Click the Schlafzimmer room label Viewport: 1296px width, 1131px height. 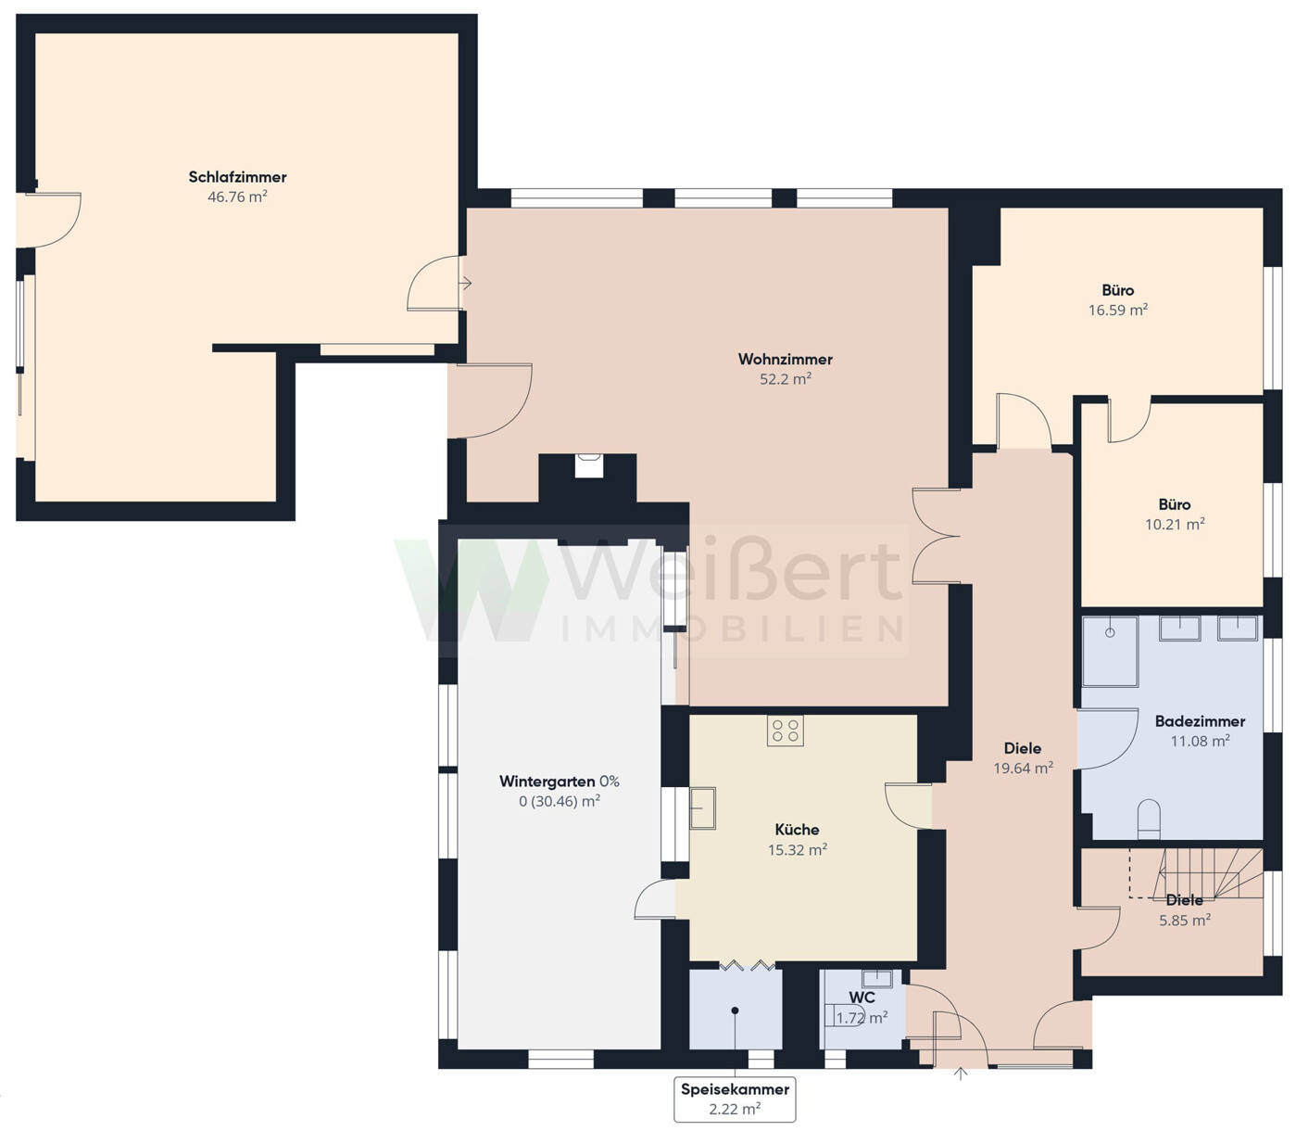coord(237,177)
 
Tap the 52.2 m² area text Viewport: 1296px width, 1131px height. coord(786,379)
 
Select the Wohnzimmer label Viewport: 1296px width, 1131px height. coord(786,360)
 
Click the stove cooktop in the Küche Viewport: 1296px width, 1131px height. coord(786,731)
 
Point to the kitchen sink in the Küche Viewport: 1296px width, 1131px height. coord(702,807)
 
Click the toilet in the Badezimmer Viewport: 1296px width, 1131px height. coord(1149,819)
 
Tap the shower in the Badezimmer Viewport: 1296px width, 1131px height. coord(1110,651)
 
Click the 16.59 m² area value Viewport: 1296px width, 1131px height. coord(1118,310)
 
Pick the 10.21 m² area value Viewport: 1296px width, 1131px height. coord(1175,525)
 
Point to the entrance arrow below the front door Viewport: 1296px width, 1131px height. coord(961,1074)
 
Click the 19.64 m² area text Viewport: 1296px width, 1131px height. coord(1023,769)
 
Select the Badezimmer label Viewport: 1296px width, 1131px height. coord(1200,721)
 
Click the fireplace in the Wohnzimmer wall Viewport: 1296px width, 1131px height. coord(588,465)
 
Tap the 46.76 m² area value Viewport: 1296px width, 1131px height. coord(237,197)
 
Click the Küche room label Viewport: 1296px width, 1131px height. coord(797,829)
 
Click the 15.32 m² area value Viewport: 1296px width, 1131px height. coord(798,849)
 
